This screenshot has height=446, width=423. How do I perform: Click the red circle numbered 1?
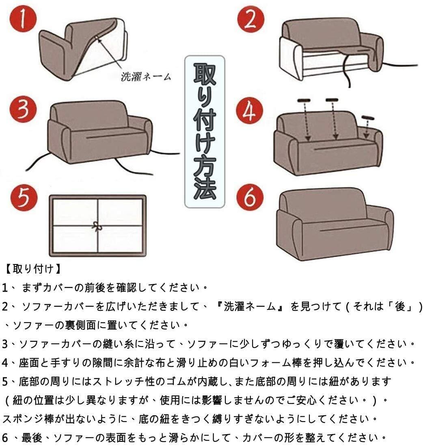23,19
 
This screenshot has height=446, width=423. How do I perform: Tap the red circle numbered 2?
251,19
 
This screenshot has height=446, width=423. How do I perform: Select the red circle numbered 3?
23,109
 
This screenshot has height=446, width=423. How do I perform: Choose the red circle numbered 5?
24,198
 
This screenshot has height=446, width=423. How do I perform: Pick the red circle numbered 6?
250,197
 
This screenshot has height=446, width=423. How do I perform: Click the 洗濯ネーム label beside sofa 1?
146,77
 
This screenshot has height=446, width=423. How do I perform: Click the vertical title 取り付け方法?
205,131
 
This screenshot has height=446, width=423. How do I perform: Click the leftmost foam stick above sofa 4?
304,100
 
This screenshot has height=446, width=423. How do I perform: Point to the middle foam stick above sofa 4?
332,100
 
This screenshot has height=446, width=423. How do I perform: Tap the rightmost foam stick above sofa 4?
368,117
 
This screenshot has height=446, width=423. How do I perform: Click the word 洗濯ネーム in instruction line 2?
250,307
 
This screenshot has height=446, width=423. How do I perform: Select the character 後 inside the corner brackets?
400,307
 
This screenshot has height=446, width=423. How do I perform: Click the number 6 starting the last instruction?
5,437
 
